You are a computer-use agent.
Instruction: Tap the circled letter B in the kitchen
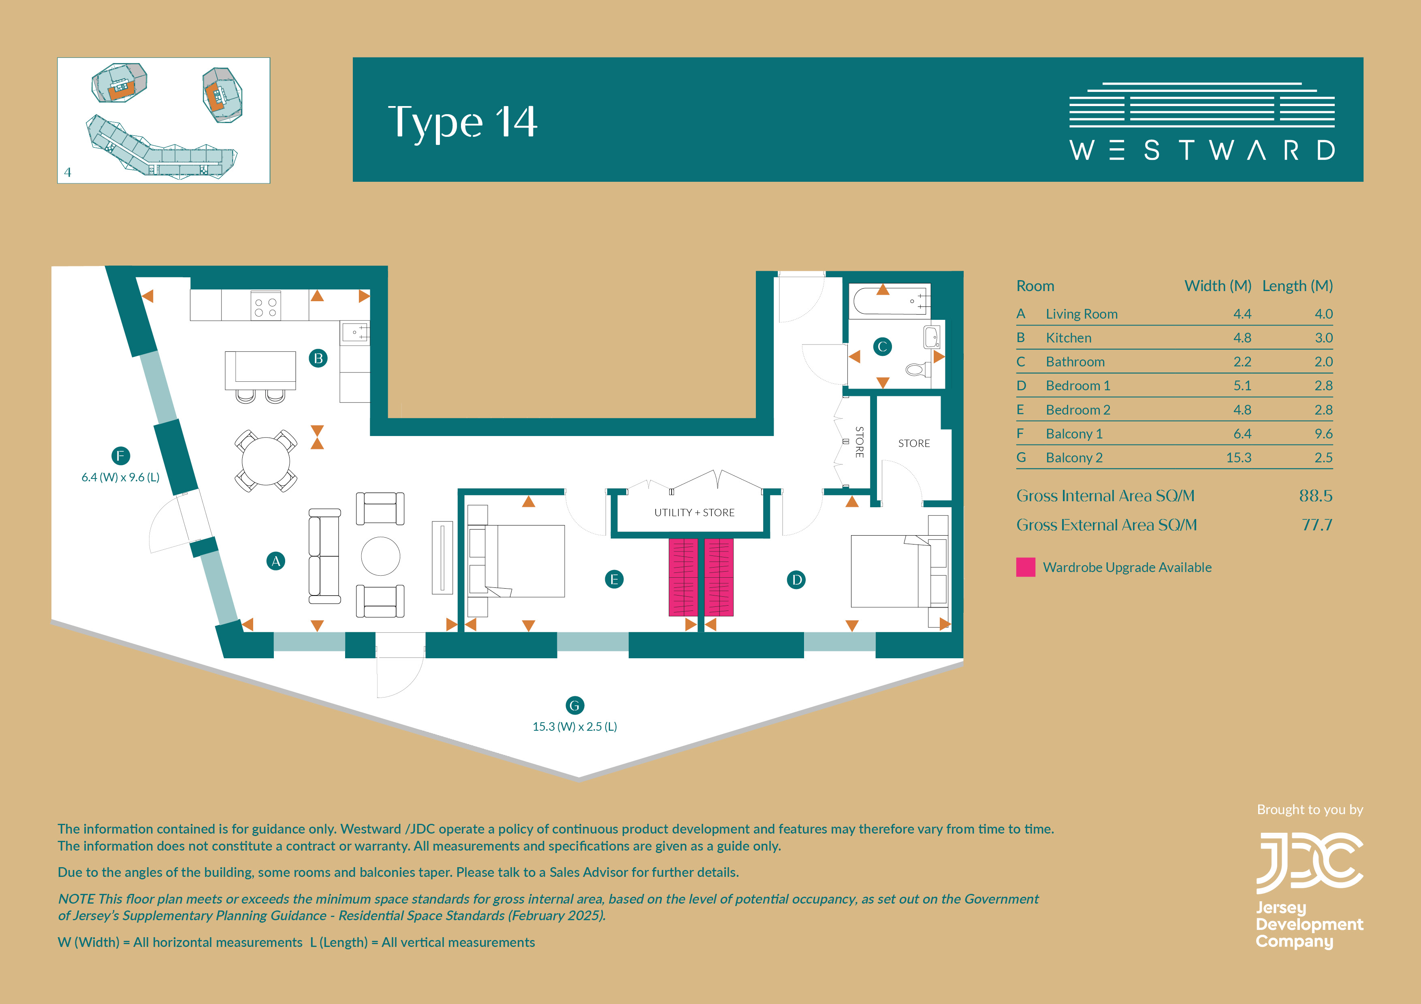coord(318,358)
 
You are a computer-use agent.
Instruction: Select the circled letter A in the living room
coord(275,561)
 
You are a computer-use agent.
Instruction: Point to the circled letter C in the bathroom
coord(883,347)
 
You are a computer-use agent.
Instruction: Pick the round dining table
coord(265,461)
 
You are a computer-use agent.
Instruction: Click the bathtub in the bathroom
coord(890,301)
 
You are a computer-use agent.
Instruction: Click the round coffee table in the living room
coord(381,556)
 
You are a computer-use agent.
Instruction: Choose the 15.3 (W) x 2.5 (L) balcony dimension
coord(575,726)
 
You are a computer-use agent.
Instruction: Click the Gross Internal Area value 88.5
coord(1316,496)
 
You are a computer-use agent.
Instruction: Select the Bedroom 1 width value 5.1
coord(1242,385)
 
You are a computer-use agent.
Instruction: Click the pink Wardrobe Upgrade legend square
coord(1026,567)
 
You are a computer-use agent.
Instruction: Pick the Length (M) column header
coord(1297,286)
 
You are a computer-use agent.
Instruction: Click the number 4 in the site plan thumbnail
coord(68,172)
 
